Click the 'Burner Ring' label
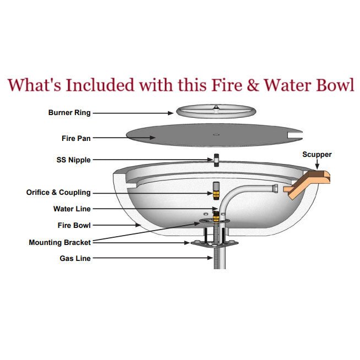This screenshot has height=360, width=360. (x=69, y=113)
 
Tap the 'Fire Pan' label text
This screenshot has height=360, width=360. (x=76, y=139)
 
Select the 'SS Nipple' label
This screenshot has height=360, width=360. (x=73, y=160)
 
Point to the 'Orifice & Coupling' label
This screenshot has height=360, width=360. (x=58, y=193)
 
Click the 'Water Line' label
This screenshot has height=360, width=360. (x=72, y=209)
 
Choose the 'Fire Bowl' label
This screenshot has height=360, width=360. (x=74, y=225)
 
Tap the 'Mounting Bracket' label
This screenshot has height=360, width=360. (x=59, y=242)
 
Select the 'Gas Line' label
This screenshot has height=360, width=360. (x=75, y=258)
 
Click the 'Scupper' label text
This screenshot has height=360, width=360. (x=317, y=155)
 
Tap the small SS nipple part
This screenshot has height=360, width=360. (x=217, y=161)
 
